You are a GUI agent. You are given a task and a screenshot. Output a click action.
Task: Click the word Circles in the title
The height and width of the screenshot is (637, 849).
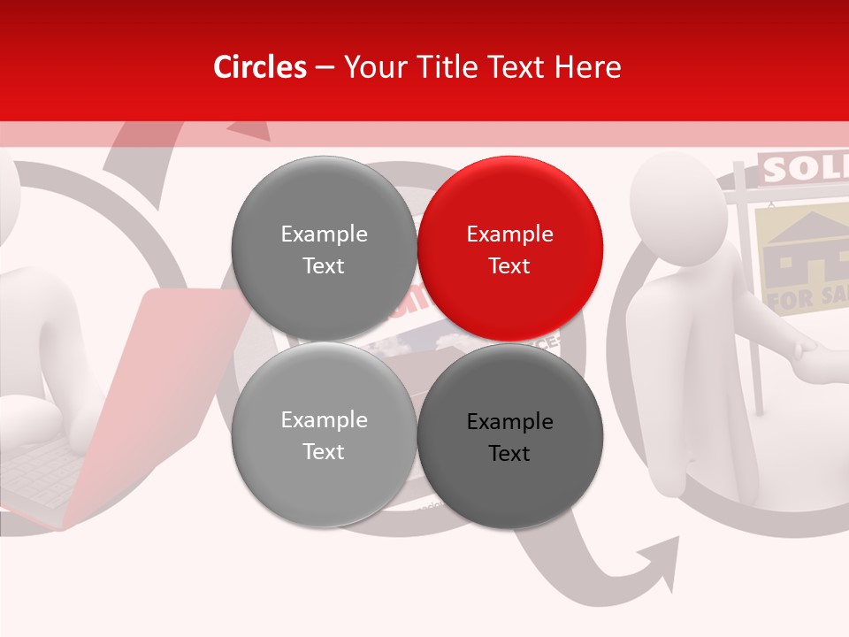[x=259, y=67]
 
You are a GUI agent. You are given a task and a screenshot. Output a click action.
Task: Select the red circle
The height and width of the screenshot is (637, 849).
[x=509, y=249]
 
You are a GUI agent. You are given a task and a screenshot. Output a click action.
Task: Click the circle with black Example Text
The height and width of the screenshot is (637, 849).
[x=509, y=436]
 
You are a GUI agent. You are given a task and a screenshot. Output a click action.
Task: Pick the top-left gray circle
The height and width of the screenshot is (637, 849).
[x=324, y=249]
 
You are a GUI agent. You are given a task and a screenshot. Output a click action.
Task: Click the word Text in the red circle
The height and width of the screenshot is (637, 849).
[x=509, y=265]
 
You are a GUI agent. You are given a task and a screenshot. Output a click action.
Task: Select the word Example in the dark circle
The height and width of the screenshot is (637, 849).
[x=509, y=422]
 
